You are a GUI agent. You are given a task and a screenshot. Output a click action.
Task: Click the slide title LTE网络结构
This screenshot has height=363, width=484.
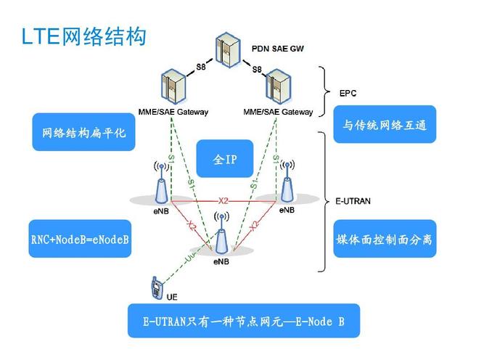pos(83,36)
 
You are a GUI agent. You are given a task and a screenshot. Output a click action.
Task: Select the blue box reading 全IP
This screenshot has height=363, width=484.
pos(225,159)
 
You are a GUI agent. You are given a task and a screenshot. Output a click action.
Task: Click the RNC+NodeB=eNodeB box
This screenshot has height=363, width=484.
pos(81,240)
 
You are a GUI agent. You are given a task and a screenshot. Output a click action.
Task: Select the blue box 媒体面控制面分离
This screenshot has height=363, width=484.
pos(385,239)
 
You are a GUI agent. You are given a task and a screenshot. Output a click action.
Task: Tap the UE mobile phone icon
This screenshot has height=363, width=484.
pos(155,288)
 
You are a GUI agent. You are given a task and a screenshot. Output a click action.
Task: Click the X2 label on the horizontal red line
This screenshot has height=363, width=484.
pos(223,200)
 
